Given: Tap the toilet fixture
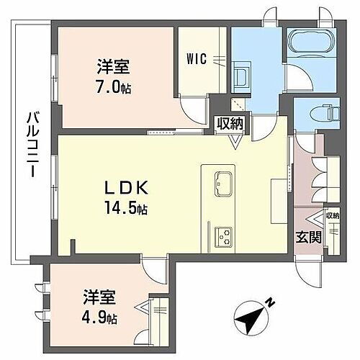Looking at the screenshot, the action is (325, 112).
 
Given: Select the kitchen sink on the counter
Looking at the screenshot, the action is (223, 184).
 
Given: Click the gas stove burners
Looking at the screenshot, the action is (223, 237).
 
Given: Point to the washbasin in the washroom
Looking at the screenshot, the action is (241, 77).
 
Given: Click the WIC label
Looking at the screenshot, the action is (197, 59).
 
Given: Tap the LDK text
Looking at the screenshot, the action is (126, 188).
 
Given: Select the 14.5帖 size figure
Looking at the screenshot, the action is (125, 208).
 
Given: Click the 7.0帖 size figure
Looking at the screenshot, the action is (114, 88).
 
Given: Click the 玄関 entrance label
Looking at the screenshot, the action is (308, 237).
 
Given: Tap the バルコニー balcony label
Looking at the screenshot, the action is (32, 145).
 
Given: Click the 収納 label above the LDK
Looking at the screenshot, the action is (230, 124).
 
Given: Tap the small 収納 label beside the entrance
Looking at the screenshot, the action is (332, 215).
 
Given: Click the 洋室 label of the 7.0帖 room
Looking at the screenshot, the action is (114, 67).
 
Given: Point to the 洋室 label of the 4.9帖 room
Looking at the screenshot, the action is (99, 297).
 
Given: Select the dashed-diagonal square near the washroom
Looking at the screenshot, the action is (238, 104).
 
